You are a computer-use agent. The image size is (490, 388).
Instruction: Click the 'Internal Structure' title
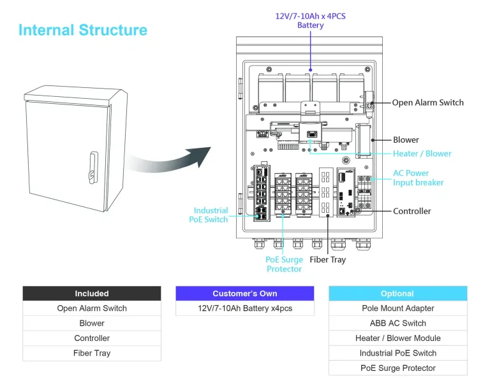coord(83,30)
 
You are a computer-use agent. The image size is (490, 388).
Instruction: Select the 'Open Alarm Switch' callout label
coord(427,103)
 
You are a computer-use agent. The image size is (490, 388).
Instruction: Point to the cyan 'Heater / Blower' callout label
coord(422,154)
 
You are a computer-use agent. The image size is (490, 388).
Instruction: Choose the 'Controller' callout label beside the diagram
coord(412,211)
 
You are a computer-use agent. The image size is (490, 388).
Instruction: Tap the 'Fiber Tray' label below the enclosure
coord(328,259)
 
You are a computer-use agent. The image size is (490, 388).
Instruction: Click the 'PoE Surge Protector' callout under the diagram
coord(284,264)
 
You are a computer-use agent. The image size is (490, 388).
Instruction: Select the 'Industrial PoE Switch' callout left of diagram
coord(210,215)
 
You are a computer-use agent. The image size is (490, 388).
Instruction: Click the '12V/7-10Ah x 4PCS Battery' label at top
coord(310,20)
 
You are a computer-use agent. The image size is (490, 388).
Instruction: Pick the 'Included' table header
coord(92,294)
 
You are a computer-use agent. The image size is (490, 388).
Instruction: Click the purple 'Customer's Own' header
coord(245,294)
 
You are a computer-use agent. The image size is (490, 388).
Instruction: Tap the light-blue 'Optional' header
coord(397,294)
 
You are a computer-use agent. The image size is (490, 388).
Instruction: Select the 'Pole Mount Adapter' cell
coord(397,308)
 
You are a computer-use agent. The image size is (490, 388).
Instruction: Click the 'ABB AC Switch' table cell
coord(397,323)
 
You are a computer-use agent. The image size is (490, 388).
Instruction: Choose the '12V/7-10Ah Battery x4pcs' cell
coord(245,308)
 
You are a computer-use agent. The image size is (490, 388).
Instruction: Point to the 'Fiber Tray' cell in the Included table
coord(92,353)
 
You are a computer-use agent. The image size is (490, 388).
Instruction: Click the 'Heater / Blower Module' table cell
coord(397,338)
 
